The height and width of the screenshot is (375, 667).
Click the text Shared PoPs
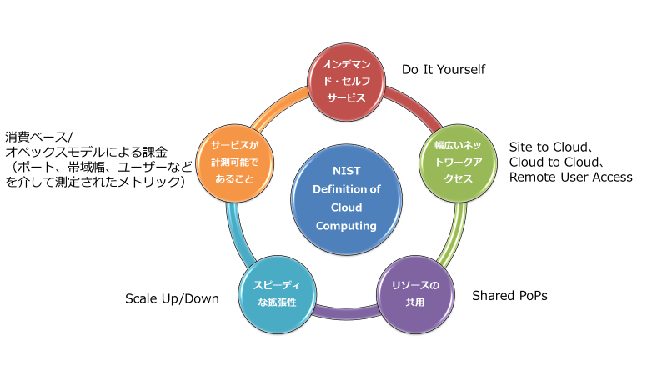coord(510,296)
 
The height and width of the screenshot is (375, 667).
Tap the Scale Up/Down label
coord(172,297)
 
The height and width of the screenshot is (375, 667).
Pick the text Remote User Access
coord(571,177)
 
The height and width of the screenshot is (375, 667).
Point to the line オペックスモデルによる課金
coord(87,152)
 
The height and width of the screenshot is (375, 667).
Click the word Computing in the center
coord(345,225)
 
